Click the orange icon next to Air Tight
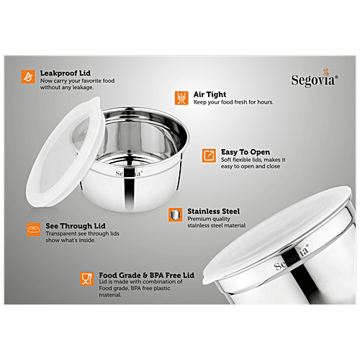click(x=181, y=98)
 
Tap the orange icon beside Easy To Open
click(x=209, y=156)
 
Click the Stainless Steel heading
click(x=213, y=212)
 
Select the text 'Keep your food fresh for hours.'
click(x=231, y=103)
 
